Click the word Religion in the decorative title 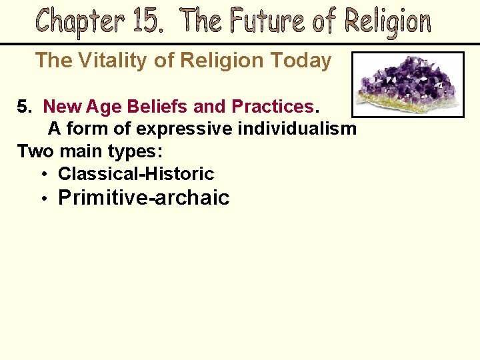point(387,22)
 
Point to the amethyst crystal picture point(407,85)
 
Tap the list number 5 point(23,107)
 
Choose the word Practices point(272,107)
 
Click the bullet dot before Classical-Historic point(43,175)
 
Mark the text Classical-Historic point(136,174)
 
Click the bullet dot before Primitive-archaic point(43,199)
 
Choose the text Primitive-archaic point(144,198)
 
